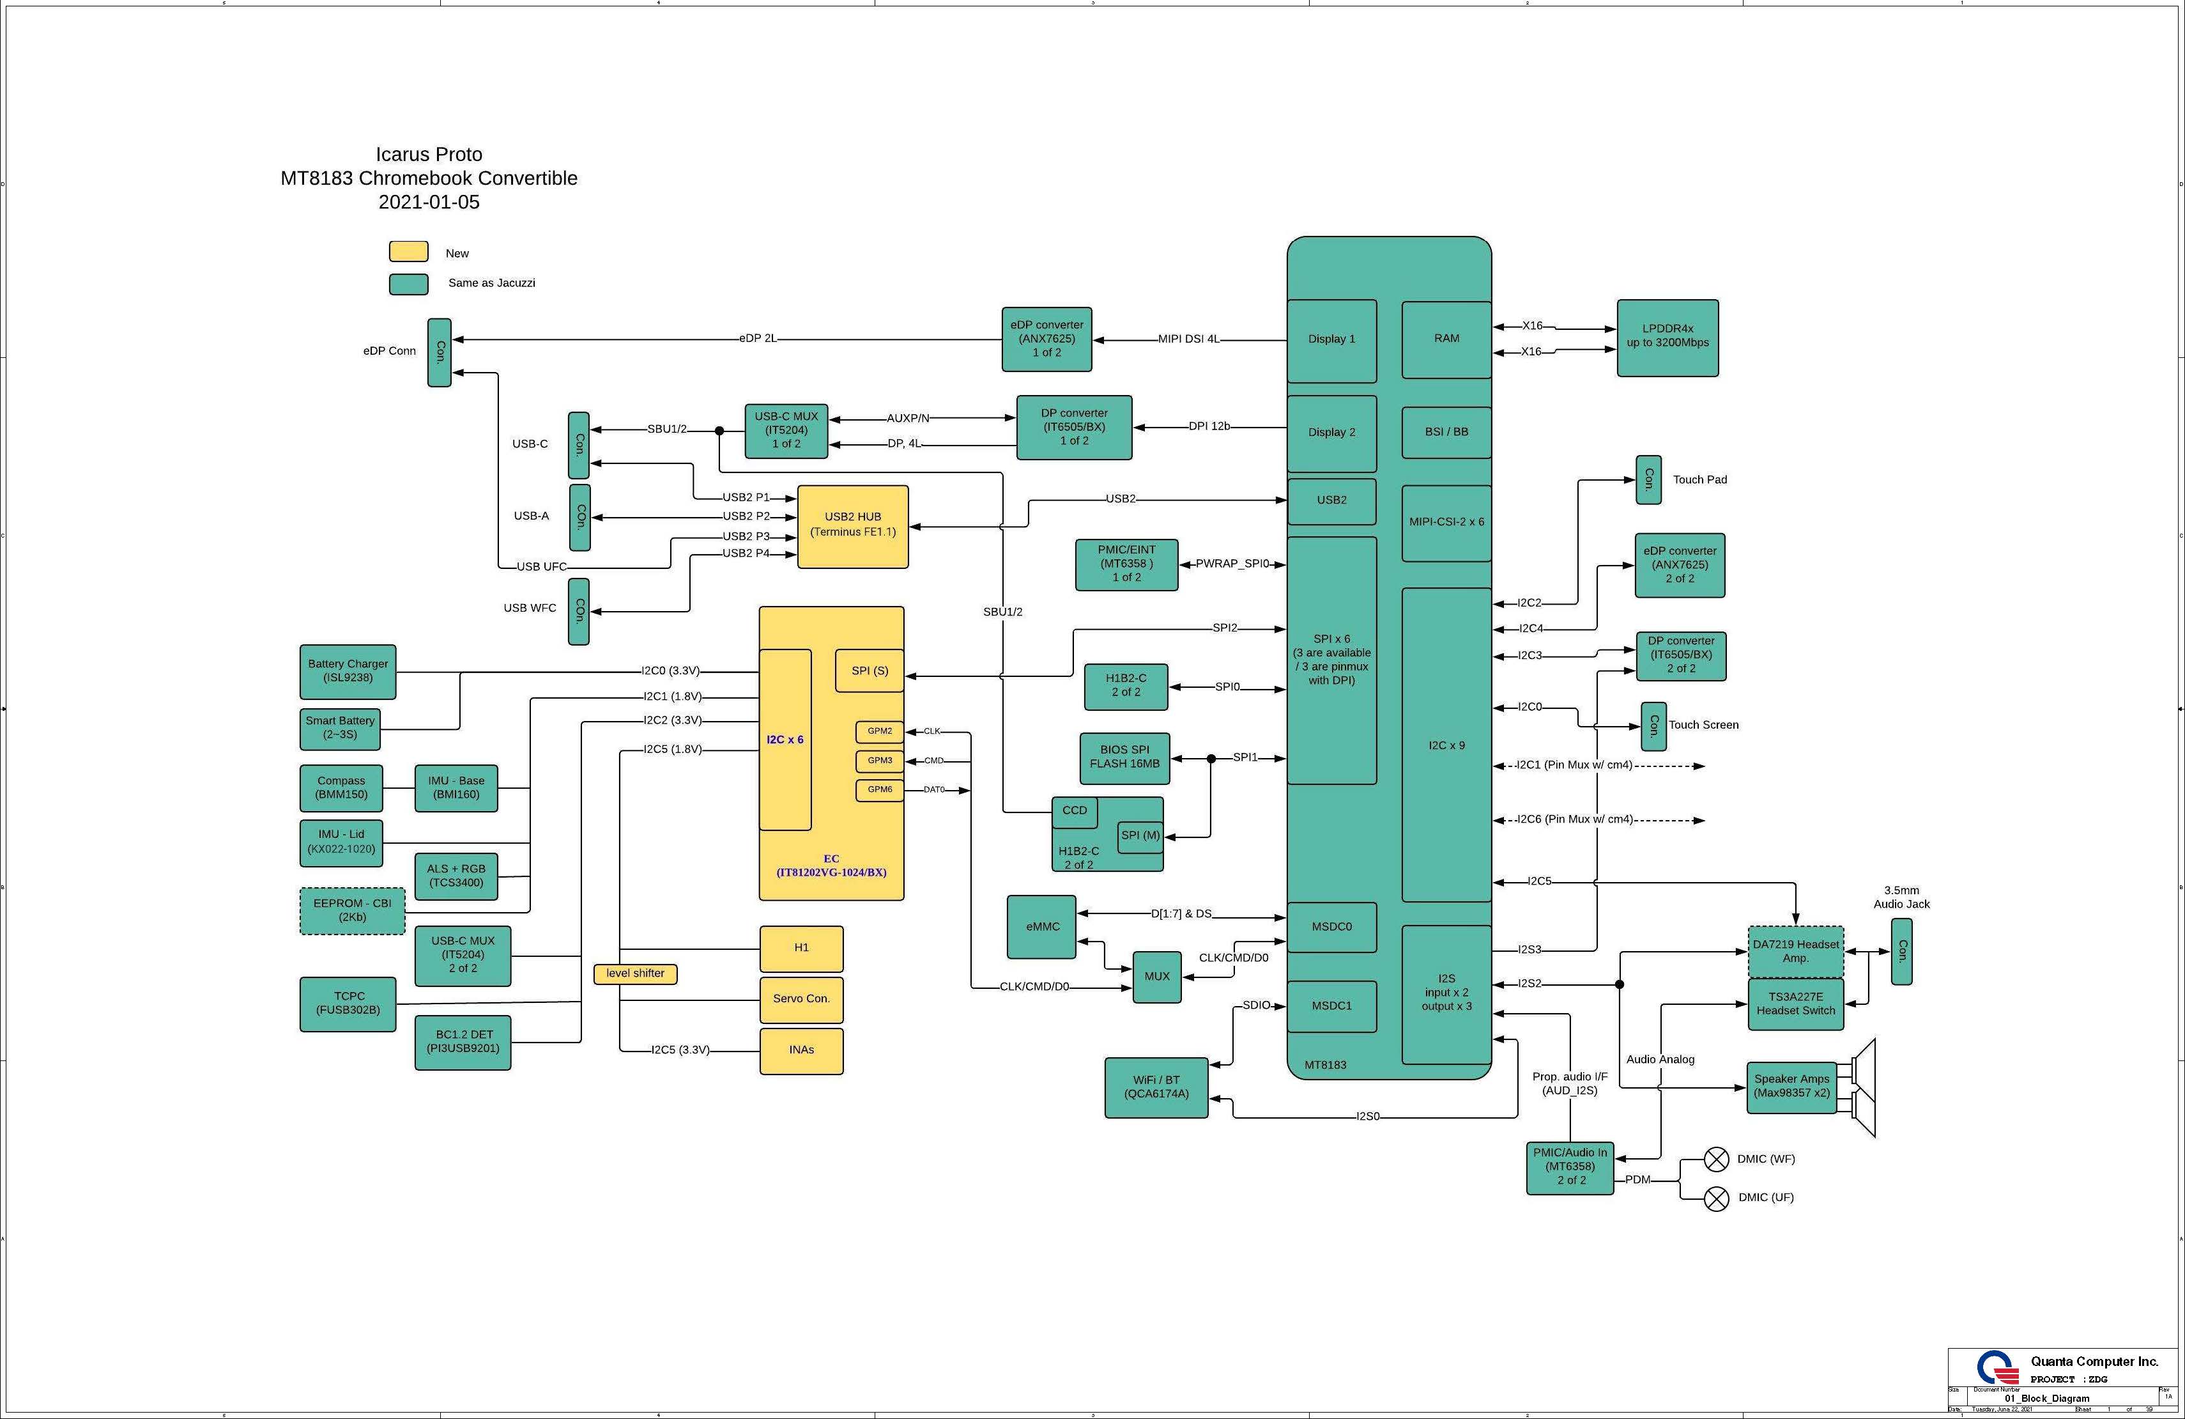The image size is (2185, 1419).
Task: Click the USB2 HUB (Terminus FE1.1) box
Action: click(x=852, y=526)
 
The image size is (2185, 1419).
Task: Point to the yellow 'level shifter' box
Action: click(x=634, y=973)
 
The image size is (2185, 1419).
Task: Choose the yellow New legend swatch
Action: click(x=408, y=252)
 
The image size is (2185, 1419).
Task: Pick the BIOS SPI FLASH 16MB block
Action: click(x=1124, y=757)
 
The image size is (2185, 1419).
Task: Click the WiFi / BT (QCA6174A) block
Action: click(x=1155, y=1087)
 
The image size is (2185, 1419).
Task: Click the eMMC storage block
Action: click(x=1041, y=927)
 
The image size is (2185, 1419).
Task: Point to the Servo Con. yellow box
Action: click(x=801, y=999)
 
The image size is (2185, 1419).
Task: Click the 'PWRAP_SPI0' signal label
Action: click(x=1231, y=564)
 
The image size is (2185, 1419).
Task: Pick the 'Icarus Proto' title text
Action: click(x=429, y=154)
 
